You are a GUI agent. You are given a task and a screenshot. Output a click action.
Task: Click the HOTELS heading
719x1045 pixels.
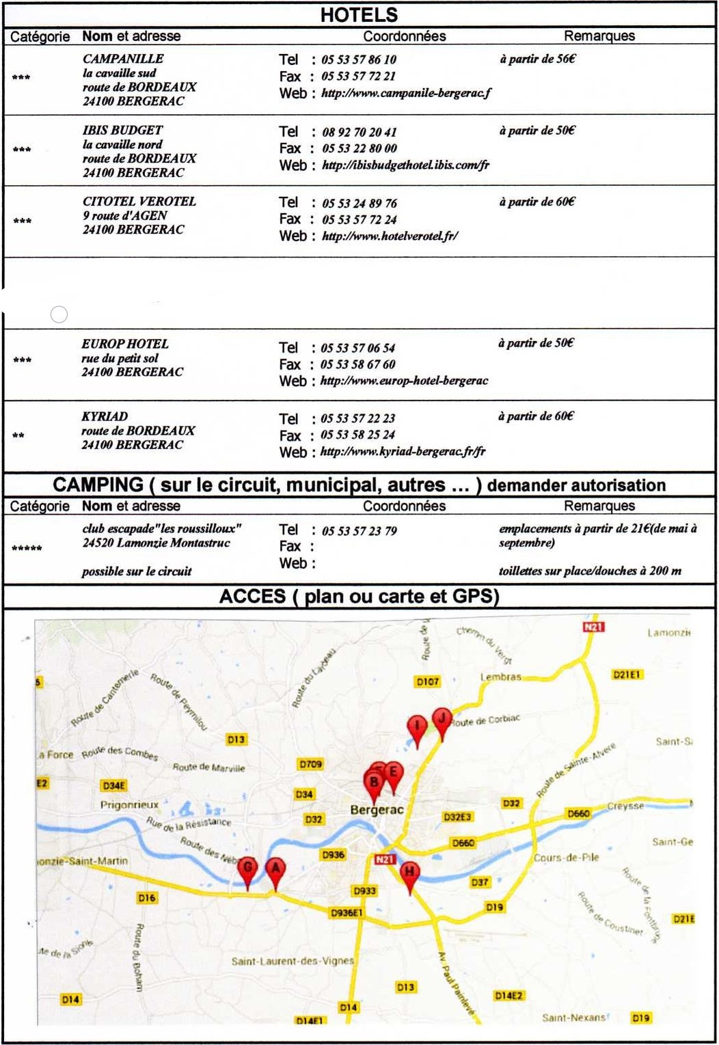click(359, 15)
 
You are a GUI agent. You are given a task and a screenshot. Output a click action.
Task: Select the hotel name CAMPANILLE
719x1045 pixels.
click(123, 59)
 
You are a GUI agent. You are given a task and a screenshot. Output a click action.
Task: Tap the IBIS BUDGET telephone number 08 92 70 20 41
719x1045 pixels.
click(359, 132)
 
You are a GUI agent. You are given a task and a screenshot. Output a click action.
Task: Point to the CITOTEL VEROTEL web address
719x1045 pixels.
click(390, 236)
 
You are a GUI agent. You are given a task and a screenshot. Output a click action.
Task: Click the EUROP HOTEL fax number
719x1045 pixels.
click(358, 364)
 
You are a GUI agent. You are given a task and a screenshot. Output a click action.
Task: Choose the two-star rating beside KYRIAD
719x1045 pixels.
click(18, 435)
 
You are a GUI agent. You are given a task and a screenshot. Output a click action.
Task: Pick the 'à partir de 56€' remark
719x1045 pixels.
click(537, 59)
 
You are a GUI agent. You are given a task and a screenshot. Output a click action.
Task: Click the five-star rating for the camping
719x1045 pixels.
click(27, 548)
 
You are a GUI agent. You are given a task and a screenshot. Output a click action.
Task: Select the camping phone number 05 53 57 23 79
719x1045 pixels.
click(359, 531)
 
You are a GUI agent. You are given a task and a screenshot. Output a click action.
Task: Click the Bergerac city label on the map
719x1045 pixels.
click(377, 810)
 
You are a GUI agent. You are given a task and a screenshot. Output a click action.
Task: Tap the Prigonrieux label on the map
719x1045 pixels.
click(129, 805)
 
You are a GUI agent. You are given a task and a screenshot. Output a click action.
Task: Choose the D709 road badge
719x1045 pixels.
click(310, 764)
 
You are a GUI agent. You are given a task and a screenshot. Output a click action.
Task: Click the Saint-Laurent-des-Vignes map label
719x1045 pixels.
click(293, 961)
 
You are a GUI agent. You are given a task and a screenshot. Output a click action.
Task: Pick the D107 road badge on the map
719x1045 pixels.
click(428, 681)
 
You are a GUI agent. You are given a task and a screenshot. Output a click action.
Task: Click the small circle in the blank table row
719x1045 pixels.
click(59, 314)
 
